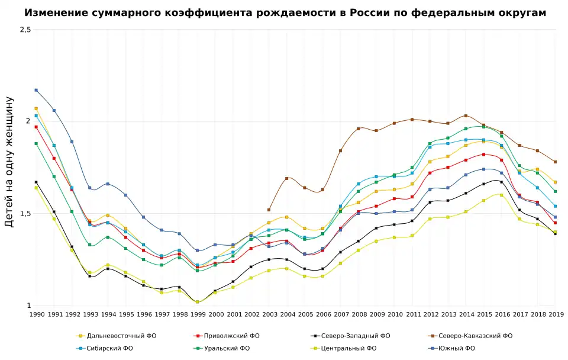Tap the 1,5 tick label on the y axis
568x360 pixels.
24,214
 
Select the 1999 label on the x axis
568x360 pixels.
198,314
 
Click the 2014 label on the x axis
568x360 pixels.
466,314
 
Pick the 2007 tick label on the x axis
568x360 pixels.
340,314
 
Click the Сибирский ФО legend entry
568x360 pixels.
109,348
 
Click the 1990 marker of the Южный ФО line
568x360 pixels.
36,90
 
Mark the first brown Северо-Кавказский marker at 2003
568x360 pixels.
269,210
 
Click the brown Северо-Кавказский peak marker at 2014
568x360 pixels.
466,115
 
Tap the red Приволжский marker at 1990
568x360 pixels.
36,127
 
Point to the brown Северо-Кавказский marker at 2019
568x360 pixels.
555,162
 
